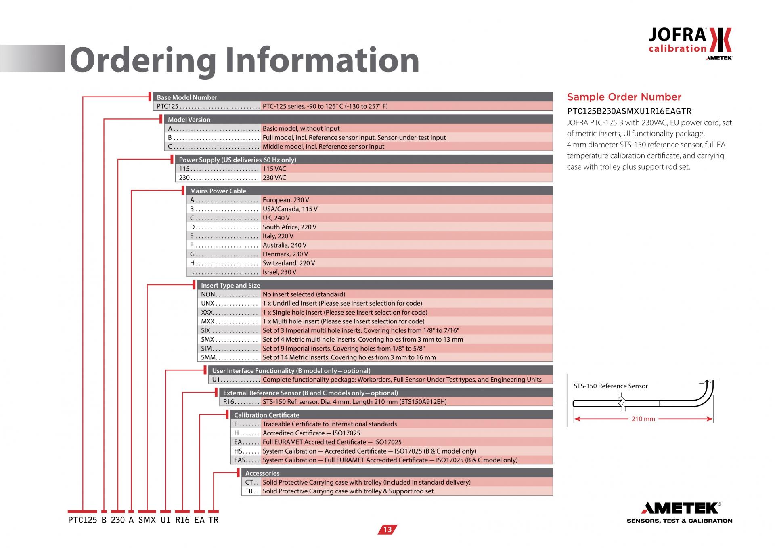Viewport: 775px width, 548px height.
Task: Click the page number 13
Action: (x=387, y=529)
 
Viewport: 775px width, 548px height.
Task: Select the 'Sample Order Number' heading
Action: (x=624, y=97)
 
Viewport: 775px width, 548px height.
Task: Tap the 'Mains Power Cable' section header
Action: (x=218, y=191)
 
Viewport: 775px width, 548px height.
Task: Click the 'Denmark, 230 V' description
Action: (x=285, y=254)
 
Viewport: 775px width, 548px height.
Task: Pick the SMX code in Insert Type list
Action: (x=207, y=340)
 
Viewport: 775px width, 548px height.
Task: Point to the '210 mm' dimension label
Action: (x=643, y=419)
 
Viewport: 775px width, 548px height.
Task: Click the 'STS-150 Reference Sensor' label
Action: (x=610, y=386)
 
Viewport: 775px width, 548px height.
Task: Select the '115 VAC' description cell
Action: (x=274, y=169)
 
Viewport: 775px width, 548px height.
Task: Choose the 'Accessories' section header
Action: (x=262, y=473)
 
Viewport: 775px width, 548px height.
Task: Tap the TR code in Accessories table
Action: (x=249, y=491)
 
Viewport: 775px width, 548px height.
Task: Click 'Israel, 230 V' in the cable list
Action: (x=279, y=272)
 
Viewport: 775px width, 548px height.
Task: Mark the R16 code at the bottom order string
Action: (x=182, y=520)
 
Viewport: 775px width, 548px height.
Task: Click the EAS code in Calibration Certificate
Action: (x=240, y=460)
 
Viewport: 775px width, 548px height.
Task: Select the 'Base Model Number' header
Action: (x=187, y=97)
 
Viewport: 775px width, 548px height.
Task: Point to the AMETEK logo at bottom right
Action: (x=680, y=512)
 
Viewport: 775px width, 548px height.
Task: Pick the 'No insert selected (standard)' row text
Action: (x=304, y=294)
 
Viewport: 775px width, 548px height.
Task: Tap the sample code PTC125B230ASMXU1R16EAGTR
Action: (x=629, y=111)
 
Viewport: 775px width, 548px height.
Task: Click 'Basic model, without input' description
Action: (x=301, y=128)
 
